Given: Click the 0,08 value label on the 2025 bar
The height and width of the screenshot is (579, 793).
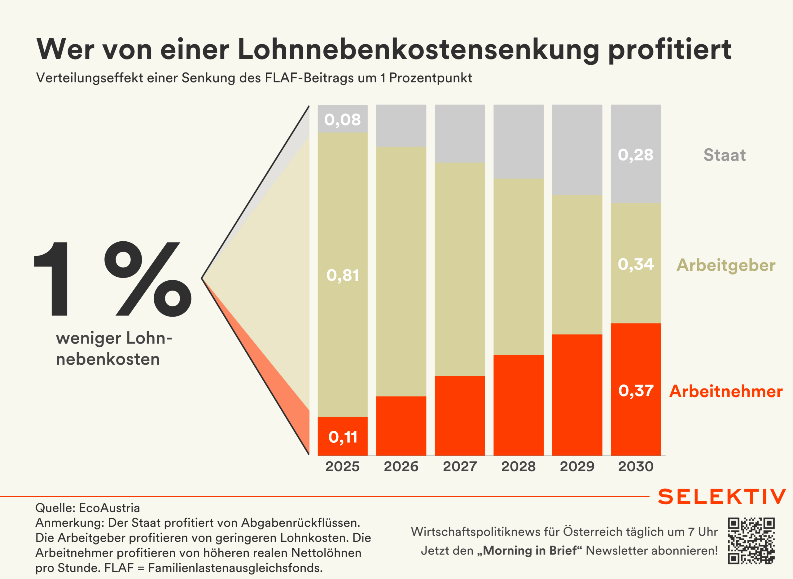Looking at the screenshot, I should pyautogui.click(x=342, y=120).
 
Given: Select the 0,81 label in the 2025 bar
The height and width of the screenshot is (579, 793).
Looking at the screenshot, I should pyautogui.click(x=342, y=275).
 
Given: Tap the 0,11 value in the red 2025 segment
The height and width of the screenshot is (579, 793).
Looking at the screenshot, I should pyautogui.click(x=343, y=437).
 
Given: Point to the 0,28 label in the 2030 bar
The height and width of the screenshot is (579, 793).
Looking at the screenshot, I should pyautogui.click(x=636, y=155).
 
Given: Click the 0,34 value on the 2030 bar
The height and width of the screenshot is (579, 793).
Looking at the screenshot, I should pyautogui.click(x=636, y=264).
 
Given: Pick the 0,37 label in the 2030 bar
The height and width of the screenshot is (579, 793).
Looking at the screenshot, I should pyautogui.click(x=636, y=391).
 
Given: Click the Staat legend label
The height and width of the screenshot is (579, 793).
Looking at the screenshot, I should pyautogui.click(x=724, y=155).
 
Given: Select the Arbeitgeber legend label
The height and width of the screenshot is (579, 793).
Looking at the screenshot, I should pyautogui.click(x=726, y=265).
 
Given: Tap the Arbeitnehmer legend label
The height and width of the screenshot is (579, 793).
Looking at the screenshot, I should pyautogui.click(x=726, y=392).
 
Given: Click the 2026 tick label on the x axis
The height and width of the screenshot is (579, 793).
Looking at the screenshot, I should pyautogui.click(x=401, y=467).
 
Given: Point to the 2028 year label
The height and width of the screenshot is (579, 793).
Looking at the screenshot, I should pyautogui.click(x=518, y=467).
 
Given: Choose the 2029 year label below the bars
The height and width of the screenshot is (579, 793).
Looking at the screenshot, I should pyautogui.click(x=577, y=467).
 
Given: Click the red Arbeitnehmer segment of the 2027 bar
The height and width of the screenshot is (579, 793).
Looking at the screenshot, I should pyautogui.click(x=460, y=415).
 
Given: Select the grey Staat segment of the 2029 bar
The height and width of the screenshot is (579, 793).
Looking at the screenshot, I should pyautogui.click(x=577, y=150).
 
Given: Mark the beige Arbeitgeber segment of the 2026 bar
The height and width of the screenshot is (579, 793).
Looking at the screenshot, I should pyautogui.click(x=401, y=272).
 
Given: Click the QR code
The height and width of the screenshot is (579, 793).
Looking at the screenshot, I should pyautogui.click(x=751, y=541).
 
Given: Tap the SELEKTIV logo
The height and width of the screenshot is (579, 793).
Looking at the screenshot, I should pyautogui.click(x=721, y=497).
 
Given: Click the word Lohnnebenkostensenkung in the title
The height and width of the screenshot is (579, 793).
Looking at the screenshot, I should pyautogui.click(x=418, y=50).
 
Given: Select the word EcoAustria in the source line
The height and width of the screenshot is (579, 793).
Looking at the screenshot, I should pyautogui.click(x=109, y=508).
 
